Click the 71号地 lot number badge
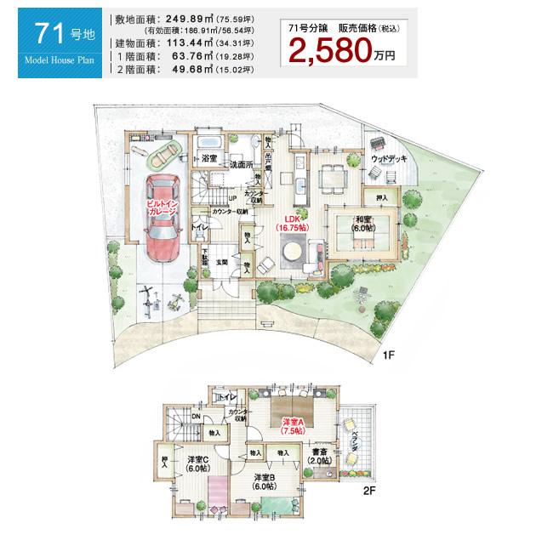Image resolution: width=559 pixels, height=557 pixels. pos(55,36)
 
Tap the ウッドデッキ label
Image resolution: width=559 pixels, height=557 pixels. pos(389,159)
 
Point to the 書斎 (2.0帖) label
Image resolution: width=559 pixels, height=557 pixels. pos(321,455)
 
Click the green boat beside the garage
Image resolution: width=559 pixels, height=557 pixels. pos(163,154)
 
